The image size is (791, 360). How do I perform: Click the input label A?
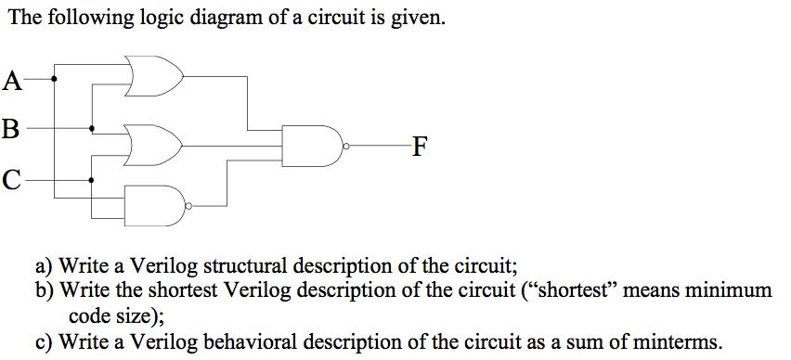click(12, 81)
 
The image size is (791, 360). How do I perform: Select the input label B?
click(11, 128)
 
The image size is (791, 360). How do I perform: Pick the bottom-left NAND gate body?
click(153, 204)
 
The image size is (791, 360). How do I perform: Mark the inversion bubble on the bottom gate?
click(188, 204)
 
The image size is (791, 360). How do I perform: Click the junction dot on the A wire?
click(54, 79)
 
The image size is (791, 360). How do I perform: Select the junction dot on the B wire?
click(91, 129)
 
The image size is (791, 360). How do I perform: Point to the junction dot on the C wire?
click(91, 179)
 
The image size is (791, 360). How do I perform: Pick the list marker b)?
click(45, 290)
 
